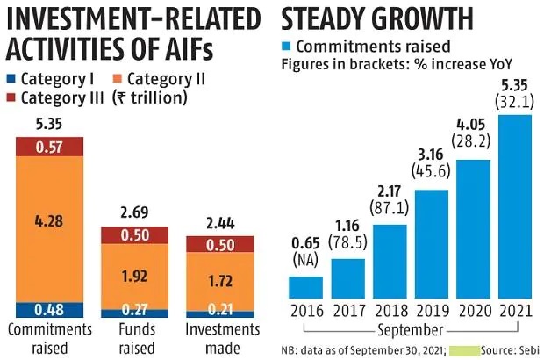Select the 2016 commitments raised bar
(306, 287)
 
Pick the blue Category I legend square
(11, 78)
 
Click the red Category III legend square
(11, 97)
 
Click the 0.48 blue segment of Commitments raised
(49, 309)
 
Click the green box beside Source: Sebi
(462, 349)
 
